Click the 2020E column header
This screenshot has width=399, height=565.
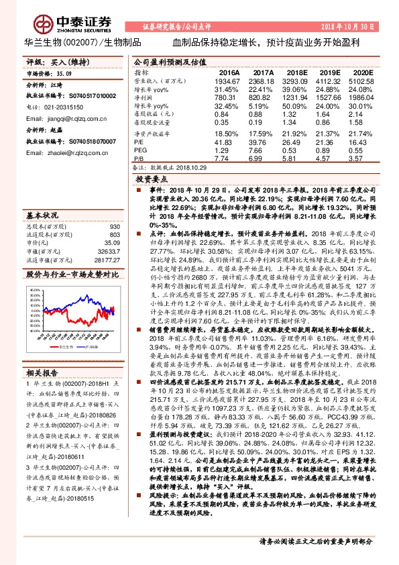(x=363, y=71)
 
